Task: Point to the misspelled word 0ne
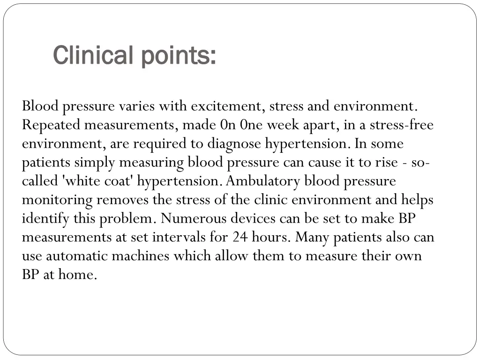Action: point(251,125)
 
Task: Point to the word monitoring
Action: point(57,200)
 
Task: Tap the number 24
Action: point(240,238)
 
